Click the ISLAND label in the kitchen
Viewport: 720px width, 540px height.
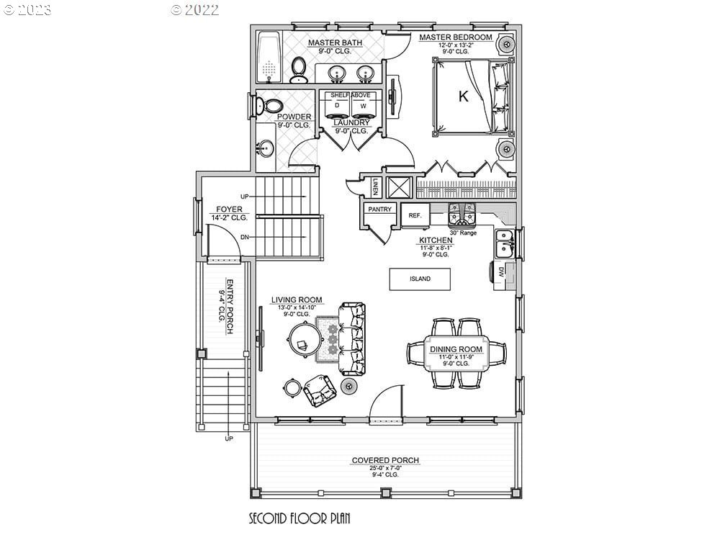pos(420,279)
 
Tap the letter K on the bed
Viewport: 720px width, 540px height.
pos(463,97)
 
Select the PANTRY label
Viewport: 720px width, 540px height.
pos(379,210)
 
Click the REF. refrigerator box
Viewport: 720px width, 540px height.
pos(415,215)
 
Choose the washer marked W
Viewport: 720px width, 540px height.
pos(364,107)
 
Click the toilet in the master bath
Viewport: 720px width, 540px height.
pos(299,69)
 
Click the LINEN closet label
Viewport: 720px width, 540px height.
pos(376,187)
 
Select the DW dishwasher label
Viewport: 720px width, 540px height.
pos(500,271)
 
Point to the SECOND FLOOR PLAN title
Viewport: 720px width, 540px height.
pos(300,518)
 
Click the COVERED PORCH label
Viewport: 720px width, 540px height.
pos(385,460)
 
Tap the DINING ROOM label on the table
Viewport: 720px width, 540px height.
pos(456,349)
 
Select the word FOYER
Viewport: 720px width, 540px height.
pos(225,210)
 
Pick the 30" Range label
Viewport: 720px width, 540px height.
pos(463,233)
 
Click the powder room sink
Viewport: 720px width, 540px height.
pos(264,149)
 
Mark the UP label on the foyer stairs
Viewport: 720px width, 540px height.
pos(245,196)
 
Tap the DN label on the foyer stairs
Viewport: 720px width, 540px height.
pos(245,237)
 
